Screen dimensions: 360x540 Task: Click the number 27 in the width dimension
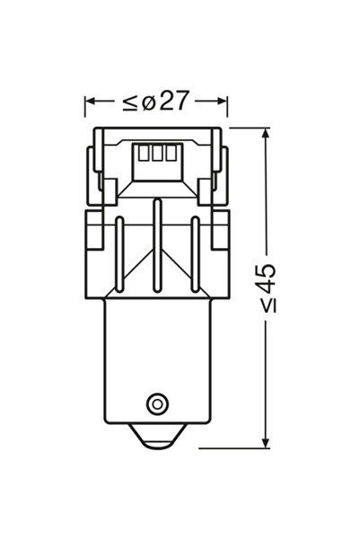click(175, 101)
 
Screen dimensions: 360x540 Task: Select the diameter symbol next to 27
click(149, 102)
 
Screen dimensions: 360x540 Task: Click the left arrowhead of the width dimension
click(90, 102)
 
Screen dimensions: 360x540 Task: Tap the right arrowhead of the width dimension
click(222, 102)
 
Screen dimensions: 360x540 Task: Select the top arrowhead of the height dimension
click(265, 134)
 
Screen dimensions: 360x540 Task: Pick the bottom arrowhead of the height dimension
click(265, 443)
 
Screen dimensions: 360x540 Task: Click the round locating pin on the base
click(157, 403)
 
